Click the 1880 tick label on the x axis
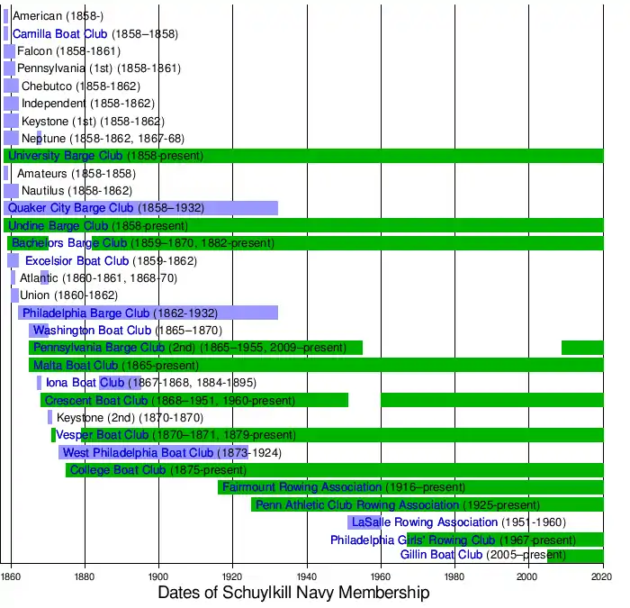[85, 576]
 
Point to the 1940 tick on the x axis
[307, 576]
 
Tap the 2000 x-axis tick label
[529, 576]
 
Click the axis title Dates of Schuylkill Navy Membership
[293, 594]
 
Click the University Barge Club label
[65, 156]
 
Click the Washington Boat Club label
[90, 331]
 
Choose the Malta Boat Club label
[76, 365]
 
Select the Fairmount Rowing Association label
[302, 487]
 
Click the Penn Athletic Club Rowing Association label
[357, 504]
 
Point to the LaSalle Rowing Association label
[425, 522]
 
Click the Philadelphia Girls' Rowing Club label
[413, 540]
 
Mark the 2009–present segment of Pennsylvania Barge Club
[582, 348]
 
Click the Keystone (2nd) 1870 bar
[49, 417]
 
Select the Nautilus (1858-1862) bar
[12, 191]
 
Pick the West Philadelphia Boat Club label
[138, 452]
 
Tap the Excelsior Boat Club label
[77, 260]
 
